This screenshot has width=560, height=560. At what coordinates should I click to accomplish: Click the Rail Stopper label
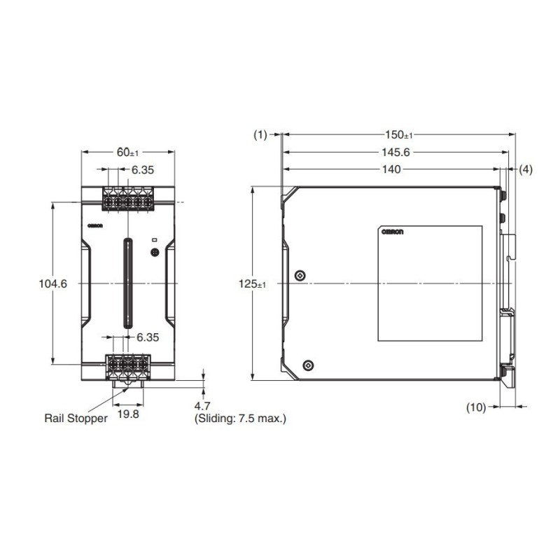click(76, 419)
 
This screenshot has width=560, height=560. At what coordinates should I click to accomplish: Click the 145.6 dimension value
click(396, 153)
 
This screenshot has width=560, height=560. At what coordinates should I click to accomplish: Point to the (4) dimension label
click(526, 169)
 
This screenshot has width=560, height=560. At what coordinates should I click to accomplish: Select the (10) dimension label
click(476, 406)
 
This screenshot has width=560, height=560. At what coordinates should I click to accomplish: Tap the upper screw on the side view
click(300, 276)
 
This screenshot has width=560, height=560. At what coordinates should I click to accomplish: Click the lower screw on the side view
click(309, 365)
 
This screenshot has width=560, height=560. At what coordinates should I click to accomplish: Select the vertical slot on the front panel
click(128, 283)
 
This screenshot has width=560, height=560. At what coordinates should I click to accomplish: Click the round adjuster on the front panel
click(155, 252)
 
